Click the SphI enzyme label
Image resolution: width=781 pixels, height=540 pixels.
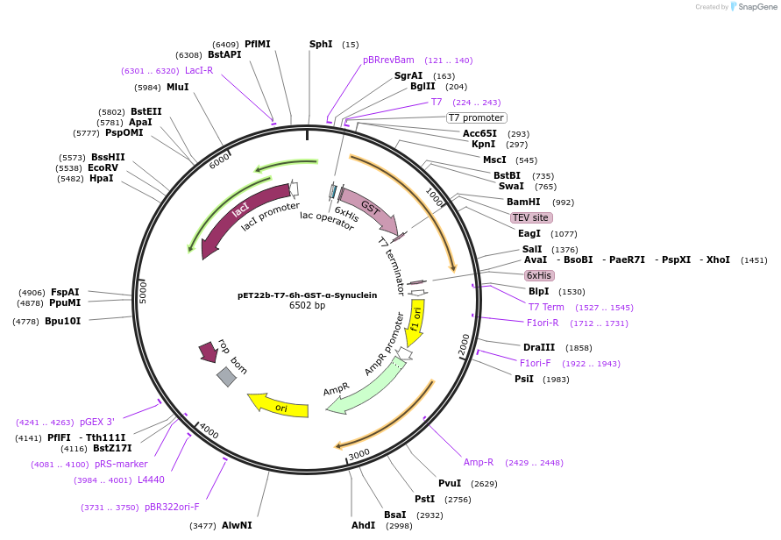[321, 44]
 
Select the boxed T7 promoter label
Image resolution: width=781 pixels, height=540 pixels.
[477, 117]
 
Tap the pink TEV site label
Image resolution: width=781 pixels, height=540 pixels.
[529, 217]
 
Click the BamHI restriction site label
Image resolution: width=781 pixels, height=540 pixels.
[523, 202]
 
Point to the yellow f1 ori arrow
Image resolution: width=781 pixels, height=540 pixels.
[415, 322]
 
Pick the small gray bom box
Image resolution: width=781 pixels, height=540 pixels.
[226, 377]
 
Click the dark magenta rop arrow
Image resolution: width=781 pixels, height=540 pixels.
[208, 352]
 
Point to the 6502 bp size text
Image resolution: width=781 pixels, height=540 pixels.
[307, 306]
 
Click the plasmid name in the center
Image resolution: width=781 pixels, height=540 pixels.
[307, 295]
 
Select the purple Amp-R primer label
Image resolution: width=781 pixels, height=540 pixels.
[479, 462]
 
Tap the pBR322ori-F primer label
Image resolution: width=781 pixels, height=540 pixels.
[172, 507]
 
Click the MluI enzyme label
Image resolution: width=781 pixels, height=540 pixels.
[178, 87]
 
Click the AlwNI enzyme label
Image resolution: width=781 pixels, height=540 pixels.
[237, 525]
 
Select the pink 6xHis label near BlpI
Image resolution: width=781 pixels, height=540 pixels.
[539, 275]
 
